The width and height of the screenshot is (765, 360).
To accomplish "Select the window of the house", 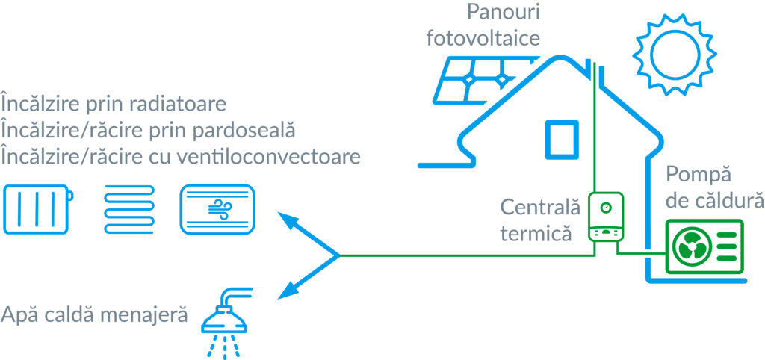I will point(560,138).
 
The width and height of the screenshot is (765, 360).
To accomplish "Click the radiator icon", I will point(38,208).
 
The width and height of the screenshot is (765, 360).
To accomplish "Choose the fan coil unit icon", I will point(219,209).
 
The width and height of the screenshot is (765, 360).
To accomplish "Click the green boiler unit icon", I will point(604,217).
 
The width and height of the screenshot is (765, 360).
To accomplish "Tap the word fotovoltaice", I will point(483,37).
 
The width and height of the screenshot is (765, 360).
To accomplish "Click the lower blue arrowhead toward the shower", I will point(285,292).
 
